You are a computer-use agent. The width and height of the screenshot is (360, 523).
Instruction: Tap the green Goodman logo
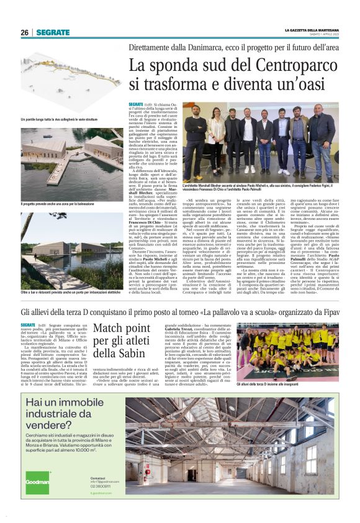click(x=35, y=481)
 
